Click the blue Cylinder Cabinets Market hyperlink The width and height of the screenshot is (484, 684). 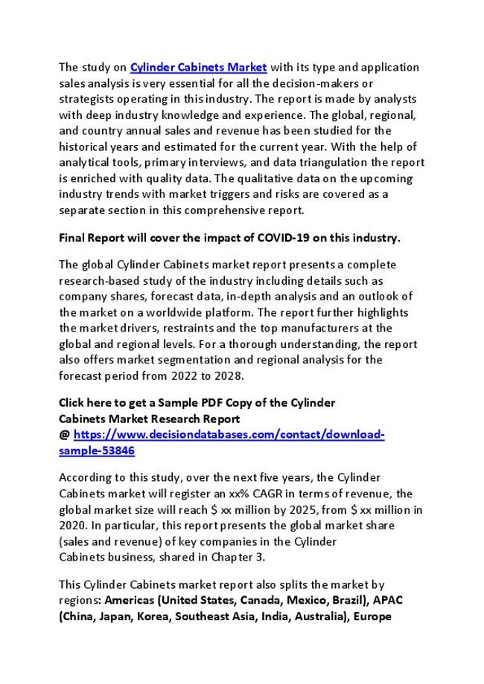point(199,68)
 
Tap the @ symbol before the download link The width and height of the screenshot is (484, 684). point(64,434)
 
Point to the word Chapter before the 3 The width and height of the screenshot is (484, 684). point(222,557)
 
